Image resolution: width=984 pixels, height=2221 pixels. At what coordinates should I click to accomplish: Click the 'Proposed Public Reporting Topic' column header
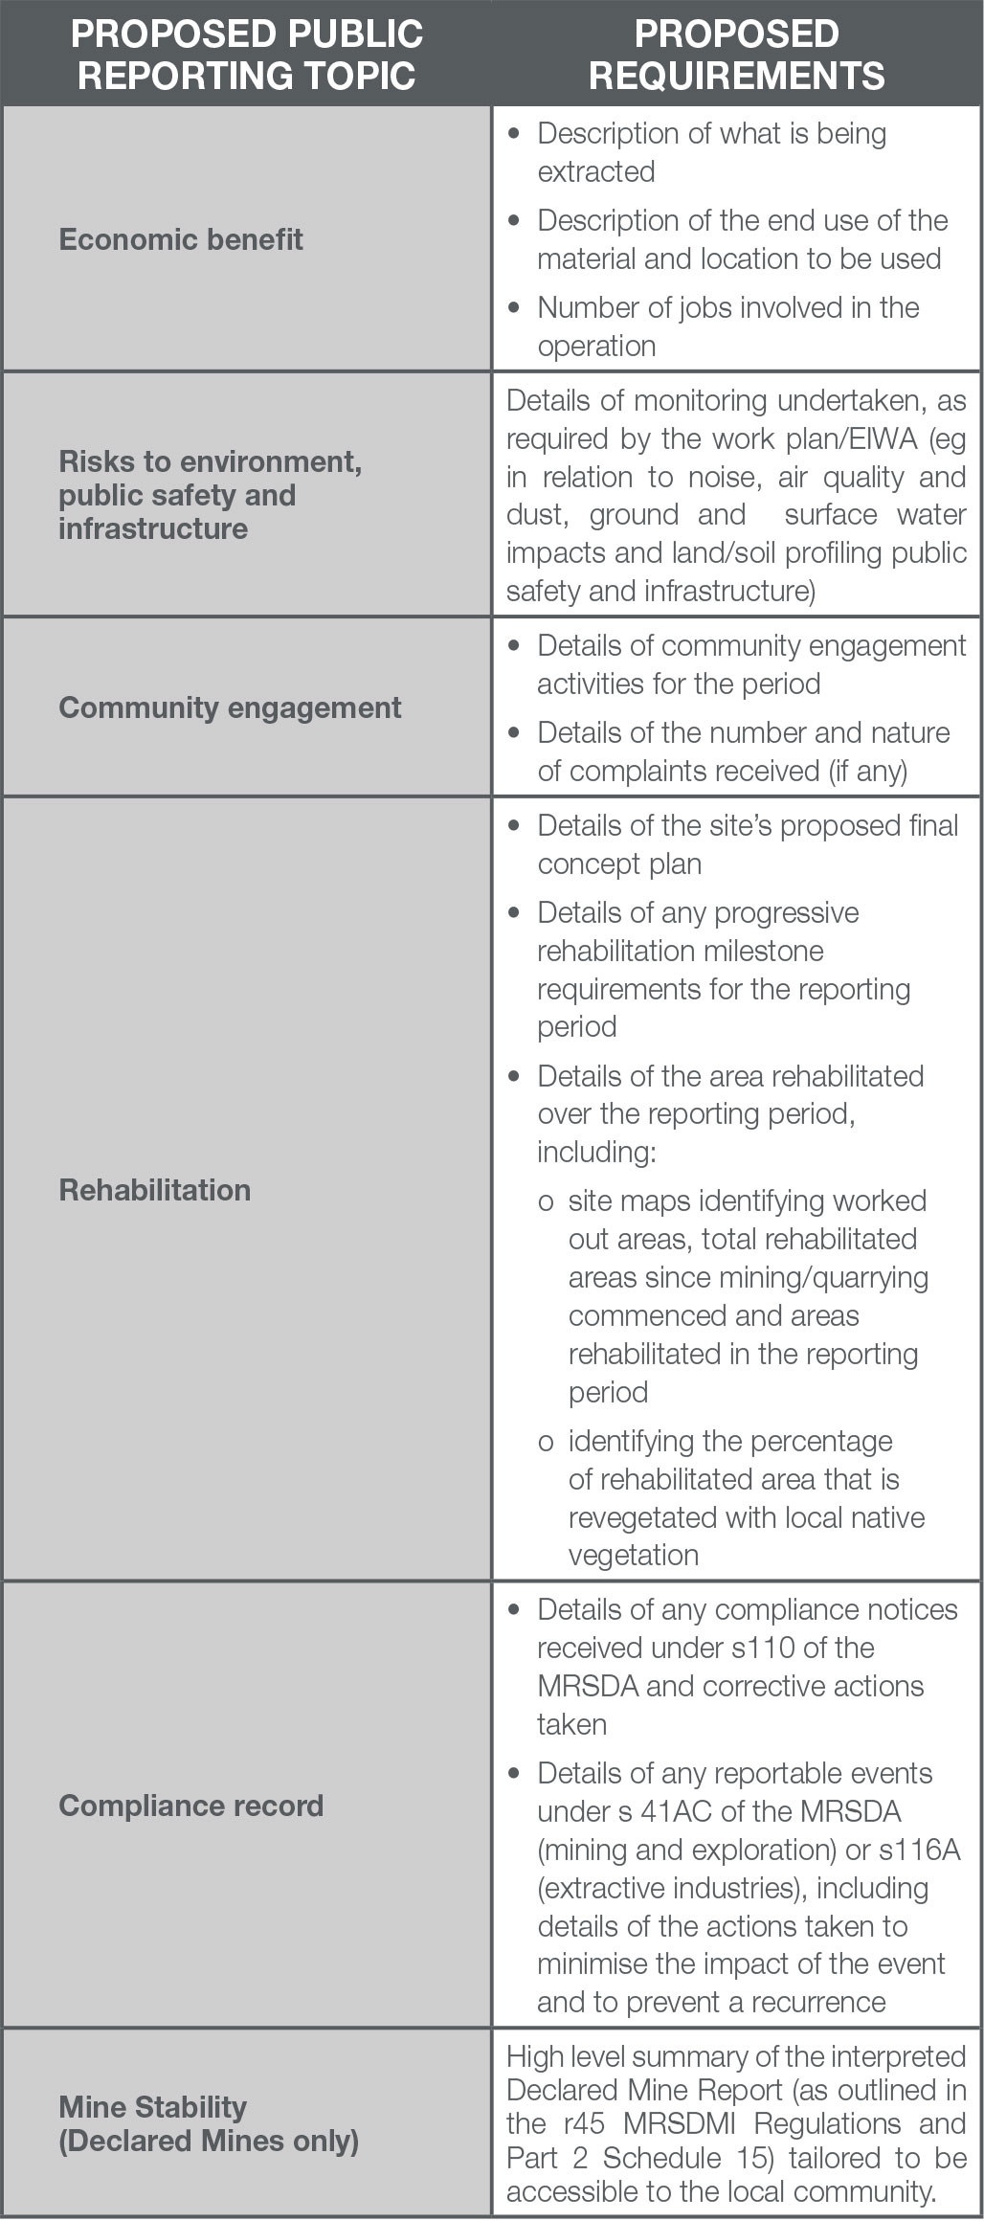click(247, 55)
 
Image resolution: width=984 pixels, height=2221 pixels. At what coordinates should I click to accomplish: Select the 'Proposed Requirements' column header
click(737, 55)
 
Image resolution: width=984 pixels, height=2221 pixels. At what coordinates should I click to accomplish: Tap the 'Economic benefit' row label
click(181, 238)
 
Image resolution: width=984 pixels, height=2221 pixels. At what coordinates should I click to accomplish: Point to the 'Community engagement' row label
click(230, 707)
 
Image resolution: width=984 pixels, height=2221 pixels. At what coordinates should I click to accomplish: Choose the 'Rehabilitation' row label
click(155, 1190)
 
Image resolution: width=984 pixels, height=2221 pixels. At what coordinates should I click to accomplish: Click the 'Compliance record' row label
click(191, 1806)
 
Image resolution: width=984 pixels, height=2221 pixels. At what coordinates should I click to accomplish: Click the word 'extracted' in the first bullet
click(596, 172)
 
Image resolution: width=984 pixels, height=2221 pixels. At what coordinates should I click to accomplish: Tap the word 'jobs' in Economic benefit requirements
click(705, 308)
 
